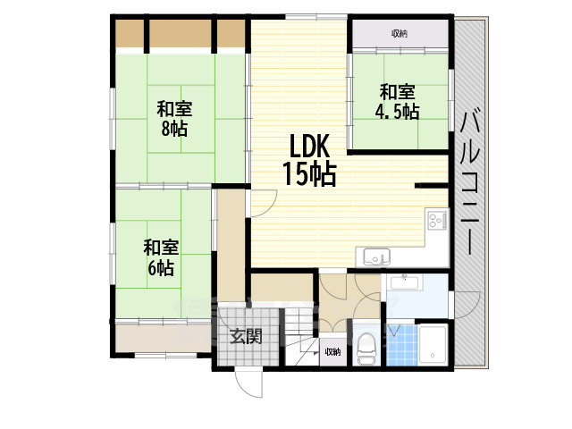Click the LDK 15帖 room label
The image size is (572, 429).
tap(308, 161)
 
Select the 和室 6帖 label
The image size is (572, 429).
tap(160, 257)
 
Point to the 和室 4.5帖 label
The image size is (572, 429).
tap(398, 101)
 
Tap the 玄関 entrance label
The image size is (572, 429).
tap(246, 337)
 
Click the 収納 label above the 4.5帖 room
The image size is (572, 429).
tap(400, 33)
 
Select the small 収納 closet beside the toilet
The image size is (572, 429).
tap(332, 351)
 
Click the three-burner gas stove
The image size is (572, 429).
tap(437, 221)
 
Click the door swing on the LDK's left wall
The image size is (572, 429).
tap(261, 204)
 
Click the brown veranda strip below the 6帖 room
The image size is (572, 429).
tap(161, 337)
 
